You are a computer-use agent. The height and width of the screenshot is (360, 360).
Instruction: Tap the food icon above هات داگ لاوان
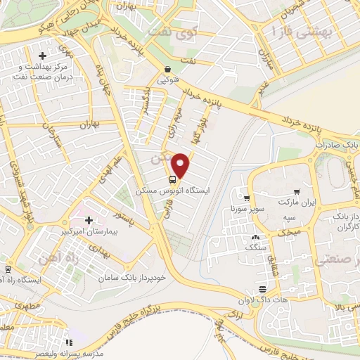tap(262, 289)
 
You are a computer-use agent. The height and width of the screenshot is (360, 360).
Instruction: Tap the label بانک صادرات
tap(336, 144)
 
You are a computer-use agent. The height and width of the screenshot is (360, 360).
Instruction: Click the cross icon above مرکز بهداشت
tap(43, 56)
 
